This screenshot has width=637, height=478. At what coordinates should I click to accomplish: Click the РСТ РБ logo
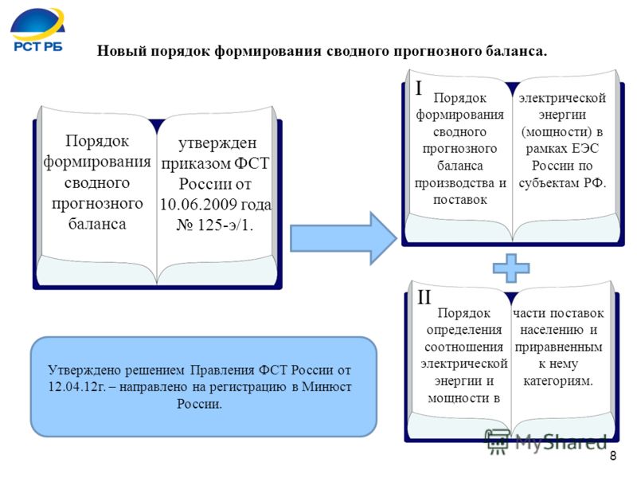(x=37, y=30)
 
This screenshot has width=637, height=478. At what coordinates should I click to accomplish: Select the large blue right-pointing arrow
(x=343, y=238)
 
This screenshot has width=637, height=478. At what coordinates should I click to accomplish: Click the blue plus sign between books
(x=511, y=268)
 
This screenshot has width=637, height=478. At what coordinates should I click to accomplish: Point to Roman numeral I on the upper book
(x=419, y=88)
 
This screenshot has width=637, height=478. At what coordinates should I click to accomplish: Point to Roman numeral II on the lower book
(x=424, y=297)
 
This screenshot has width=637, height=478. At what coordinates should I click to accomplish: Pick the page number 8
(x=613, y=456)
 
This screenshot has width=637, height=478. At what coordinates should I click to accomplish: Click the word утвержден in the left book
(x=217, y=143)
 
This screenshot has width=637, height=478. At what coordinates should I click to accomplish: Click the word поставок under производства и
(x=460, y=200)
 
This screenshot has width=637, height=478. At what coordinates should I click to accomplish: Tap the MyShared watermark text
(x=561, y=441)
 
